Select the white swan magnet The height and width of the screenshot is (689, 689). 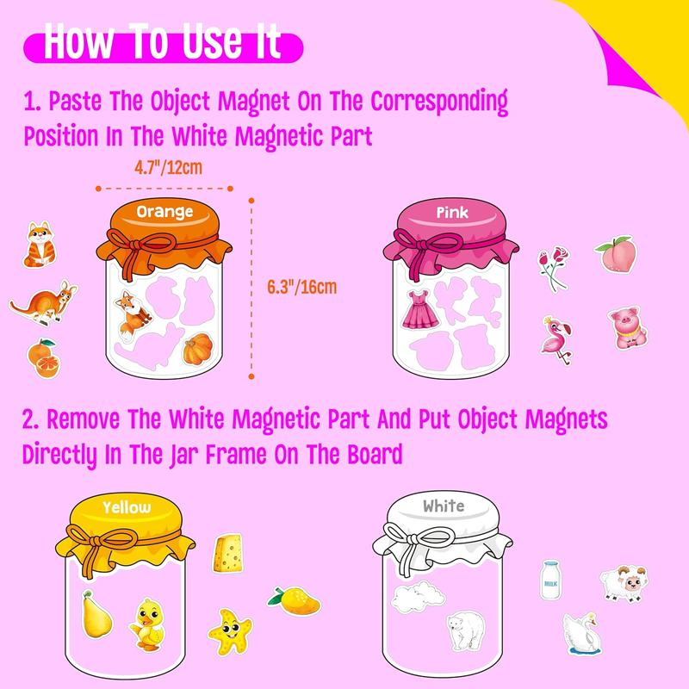point(582,636)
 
